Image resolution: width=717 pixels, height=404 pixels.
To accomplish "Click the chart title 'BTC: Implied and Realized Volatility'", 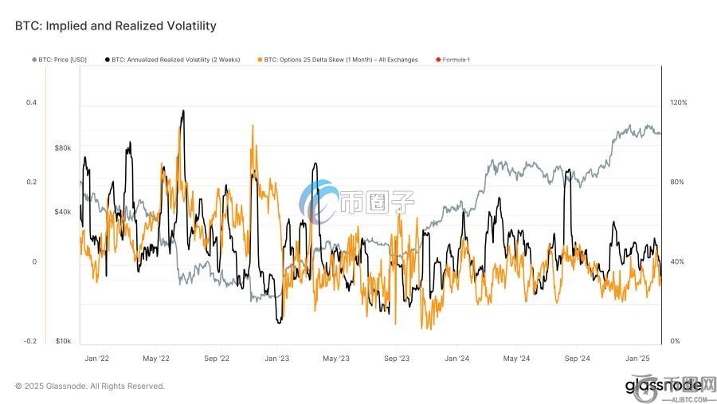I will click(116, 26).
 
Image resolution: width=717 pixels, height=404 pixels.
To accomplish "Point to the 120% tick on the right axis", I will click(678, 103).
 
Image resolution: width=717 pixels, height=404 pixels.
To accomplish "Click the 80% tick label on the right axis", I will click(676, 182).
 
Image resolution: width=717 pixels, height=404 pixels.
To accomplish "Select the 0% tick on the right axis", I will click(675, 341).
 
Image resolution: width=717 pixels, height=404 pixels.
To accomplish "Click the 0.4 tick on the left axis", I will click(31, 103).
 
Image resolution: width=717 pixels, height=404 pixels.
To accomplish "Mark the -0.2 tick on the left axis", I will click(29, 341).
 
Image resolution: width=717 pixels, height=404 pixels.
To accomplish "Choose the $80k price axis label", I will click(63, 148).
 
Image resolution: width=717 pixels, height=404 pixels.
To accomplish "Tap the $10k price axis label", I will click(63, 341).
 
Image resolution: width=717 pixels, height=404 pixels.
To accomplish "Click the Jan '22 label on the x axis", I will click(96, 359).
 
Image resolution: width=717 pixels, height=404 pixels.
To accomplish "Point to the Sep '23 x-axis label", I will click(396, 359).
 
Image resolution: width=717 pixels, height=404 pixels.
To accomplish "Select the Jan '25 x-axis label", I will click(637, 359).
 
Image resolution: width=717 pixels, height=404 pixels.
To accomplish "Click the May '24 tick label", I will click(516, 359).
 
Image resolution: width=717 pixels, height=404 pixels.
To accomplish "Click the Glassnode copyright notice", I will click(89, 386).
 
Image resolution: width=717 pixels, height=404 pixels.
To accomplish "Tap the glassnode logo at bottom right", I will click(664, 386).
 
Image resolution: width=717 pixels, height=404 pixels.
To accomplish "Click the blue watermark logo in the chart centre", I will click(319, 202).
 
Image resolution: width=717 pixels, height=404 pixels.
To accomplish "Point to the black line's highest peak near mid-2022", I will click(183, 111).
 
